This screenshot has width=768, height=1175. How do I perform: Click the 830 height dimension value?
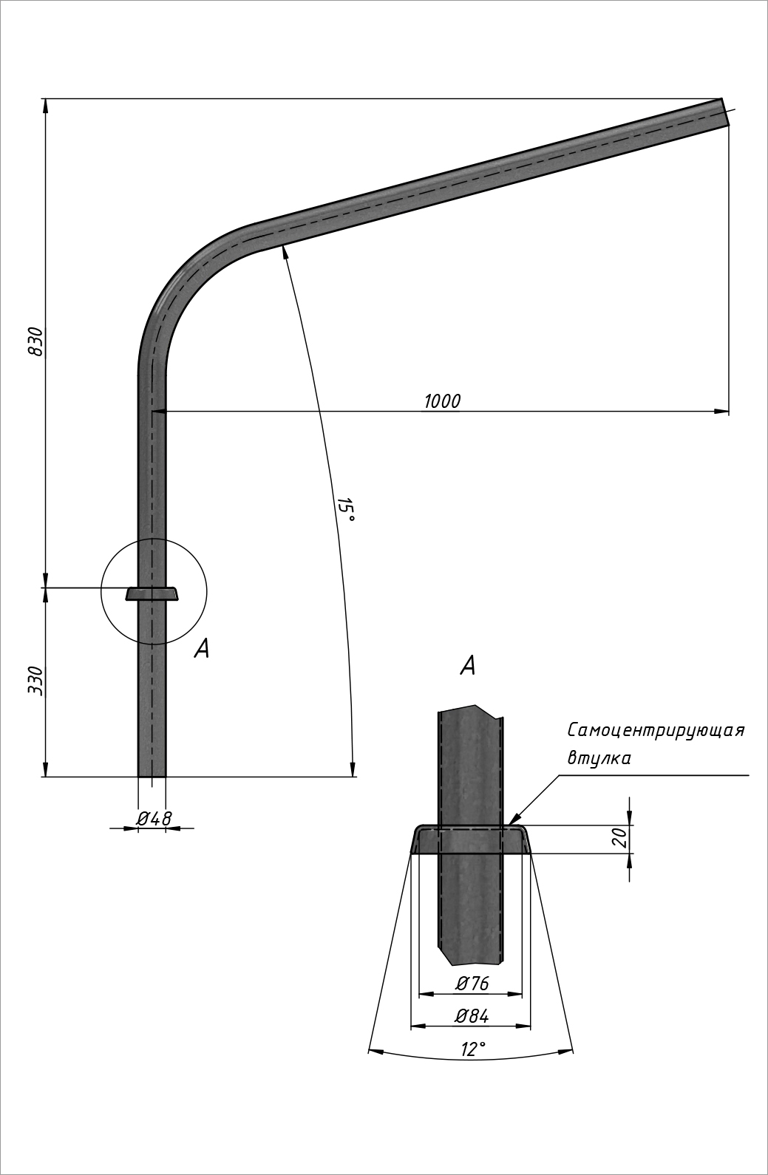[35, 341]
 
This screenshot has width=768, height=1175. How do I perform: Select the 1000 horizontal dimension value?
[442, 401]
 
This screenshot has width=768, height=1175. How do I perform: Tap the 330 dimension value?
[35, 680]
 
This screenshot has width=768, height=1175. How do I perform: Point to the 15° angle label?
[346, 510]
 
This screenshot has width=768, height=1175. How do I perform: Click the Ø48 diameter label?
[154, 818]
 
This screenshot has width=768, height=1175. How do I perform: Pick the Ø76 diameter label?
[472, 984]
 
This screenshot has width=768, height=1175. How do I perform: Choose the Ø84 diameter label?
[472, 1016]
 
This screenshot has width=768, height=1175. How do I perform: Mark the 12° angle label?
[473, 1049]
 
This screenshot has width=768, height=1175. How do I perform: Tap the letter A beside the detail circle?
[202, 649]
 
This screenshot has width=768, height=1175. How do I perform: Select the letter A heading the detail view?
[468, 666]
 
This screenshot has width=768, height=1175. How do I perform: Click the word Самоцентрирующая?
[656, 731]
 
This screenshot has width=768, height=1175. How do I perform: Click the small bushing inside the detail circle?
[152, 593]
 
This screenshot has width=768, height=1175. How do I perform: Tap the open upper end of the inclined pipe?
[725, 112]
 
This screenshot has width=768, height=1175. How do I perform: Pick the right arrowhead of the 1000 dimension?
[722, 411]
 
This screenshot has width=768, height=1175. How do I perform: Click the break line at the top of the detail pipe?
[471, 710]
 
